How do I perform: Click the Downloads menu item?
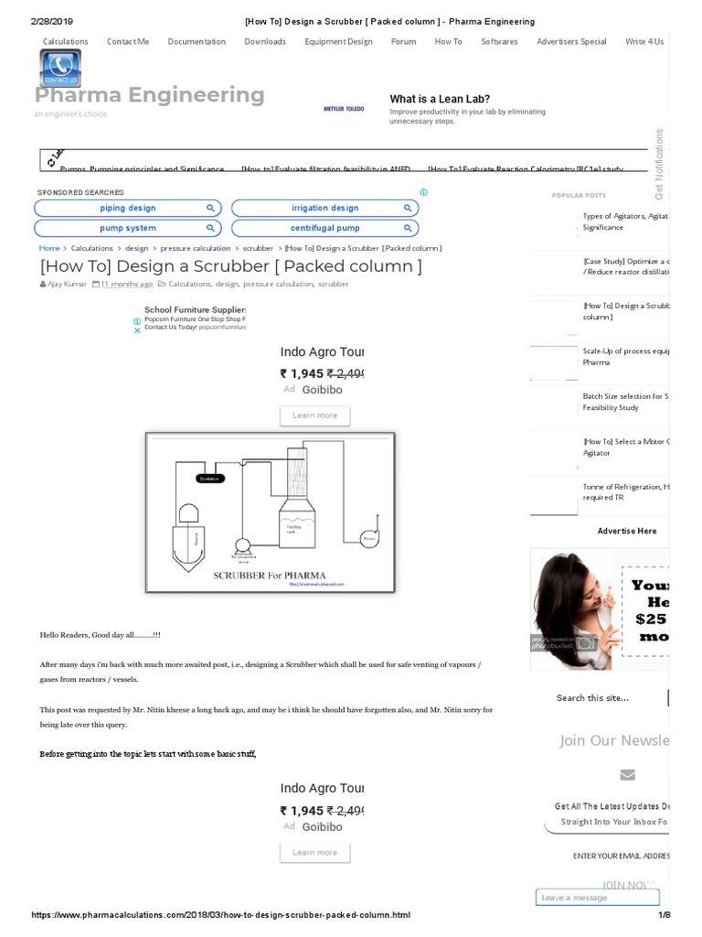[265, 41]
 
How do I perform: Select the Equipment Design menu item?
[338, 41]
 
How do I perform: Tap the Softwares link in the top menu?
[499, 41]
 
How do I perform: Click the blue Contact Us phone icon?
[60, 68]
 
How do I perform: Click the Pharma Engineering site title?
[150, 95]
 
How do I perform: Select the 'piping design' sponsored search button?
[128, 208]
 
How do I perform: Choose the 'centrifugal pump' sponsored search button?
[325, 228]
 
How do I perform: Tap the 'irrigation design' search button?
[325, 208]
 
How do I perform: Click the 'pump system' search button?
[128, 228]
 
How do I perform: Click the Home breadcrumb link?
[49, 248]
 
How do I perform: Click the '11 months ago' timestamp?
[127, 285]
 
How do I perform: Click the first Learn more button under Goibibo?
[314, 415]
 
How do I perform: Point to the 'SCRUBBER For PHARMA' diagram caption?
[269, 575]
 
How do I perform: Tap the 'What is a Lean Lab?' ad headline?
[440, 99]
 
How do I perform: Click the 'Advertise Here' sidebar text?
[627, 531]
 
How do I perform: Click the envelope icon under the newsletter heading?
[627, 775]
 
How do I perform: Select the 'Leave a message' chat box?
[597, 898]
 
